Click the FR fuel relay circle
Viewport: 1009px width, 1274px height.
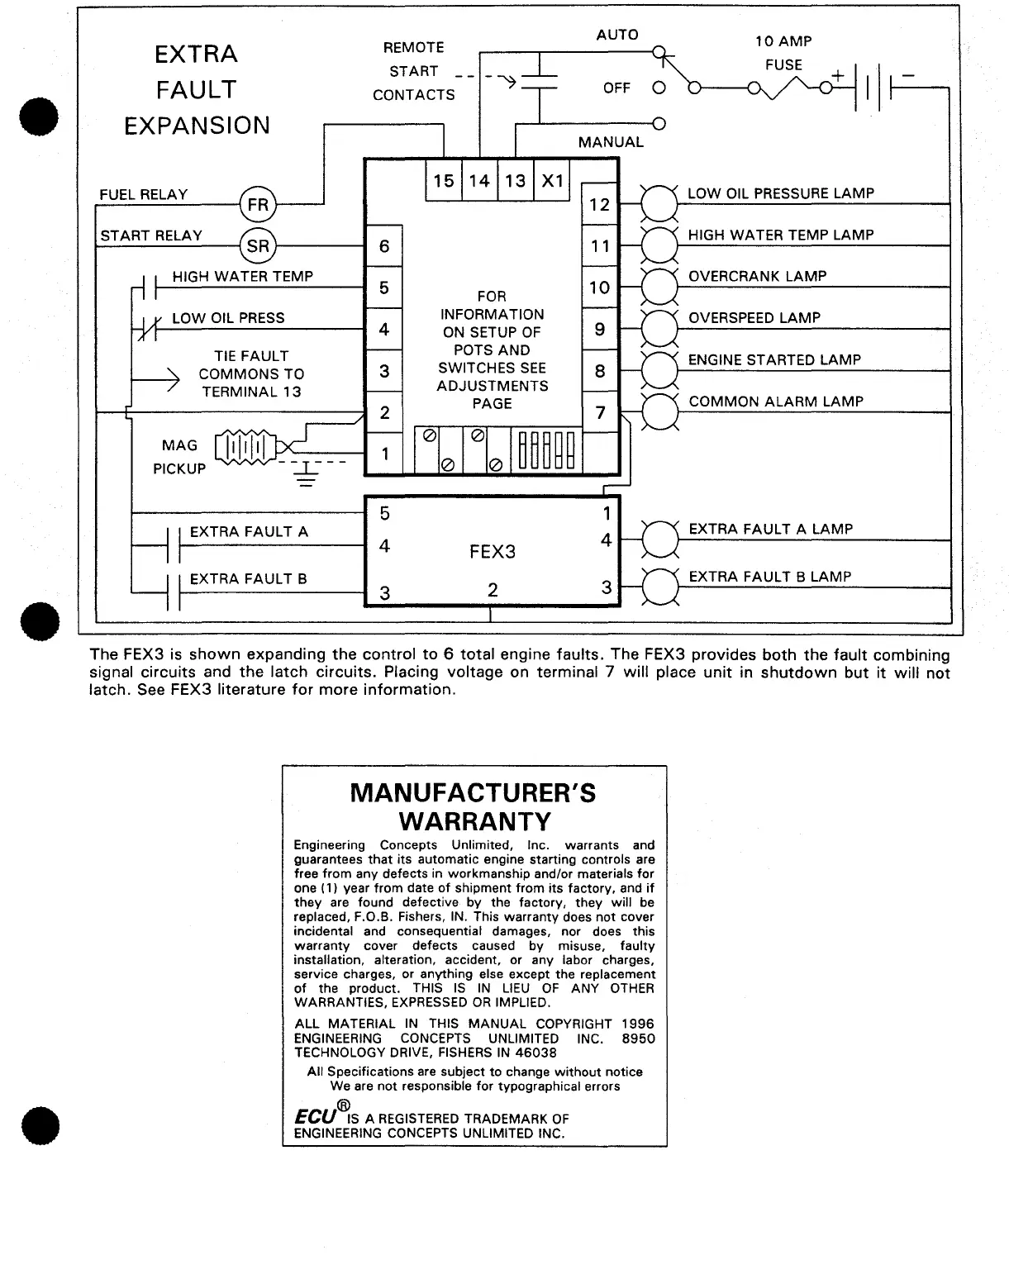click(x=258, y=204)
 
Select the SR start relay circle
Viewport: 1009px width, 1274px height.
click(x=258, y=245)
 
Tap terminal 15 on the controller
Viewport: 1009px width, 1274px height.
click(x=444, y=180)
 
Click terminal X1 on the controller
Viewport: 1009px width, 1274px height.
click(x=552, y=180)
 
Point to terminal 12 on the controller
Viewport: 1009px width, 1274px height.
click(x=599, y=204)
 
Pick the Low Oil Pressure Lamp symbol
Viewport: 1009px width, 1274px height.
click(x=659, y=203)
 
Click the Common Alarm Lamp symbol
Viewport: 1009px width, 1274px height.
click(x=659, y=411)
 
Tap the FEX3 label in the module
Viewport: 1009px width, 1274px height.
click(x=493, y=551)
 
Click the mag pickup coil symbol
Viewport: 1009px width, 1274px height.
click(x=245, y=447)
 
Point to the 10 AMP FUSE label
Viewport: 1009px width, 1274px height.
click(x=783, y=53)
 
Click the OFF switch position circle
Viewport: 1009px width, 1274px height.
click(x=659, y=88)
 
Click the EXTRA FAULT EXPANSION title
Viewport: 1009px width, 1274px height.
click(x=197, y=89)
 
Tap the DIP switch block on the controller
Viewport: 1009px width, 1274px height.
click(x=545, y=450)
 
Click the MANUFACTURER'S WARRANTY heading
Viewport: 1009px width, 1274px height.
click(x=474, y=807)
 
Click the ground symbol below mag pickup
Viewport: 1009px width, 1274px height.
click(x=306, y=473)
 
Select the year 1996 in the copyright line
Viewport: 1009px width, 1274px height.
click(x=638, y=1024)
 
